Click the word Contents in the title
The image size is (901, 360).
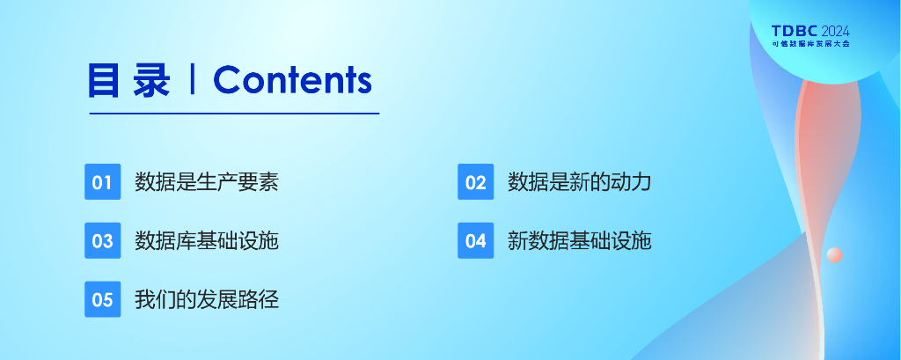292,80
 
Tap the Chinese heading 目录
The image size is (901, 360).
129,80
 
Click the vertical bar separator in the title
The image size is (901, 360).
192,80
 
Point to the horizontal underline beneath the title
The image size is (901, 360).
234,114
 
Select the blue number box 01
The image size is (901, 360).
103,181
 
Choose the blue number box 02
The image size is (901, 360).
476,181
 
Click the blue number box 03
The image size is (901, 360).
103,240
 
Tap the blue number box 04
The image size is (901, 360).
476,240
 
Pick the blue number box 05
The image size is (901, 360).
103,299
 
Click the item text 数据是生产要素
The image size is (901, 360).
207,181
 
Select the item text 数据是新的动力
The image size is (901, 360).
580,181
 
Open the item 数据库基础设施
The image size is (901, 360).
207,240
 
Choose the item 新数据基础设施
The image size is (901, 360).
580,240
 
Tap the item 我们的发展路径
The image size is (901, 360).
207,299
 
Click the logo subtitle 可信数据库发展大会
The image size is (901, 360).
810,44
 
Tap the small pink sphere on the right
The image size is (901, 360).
834,254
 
